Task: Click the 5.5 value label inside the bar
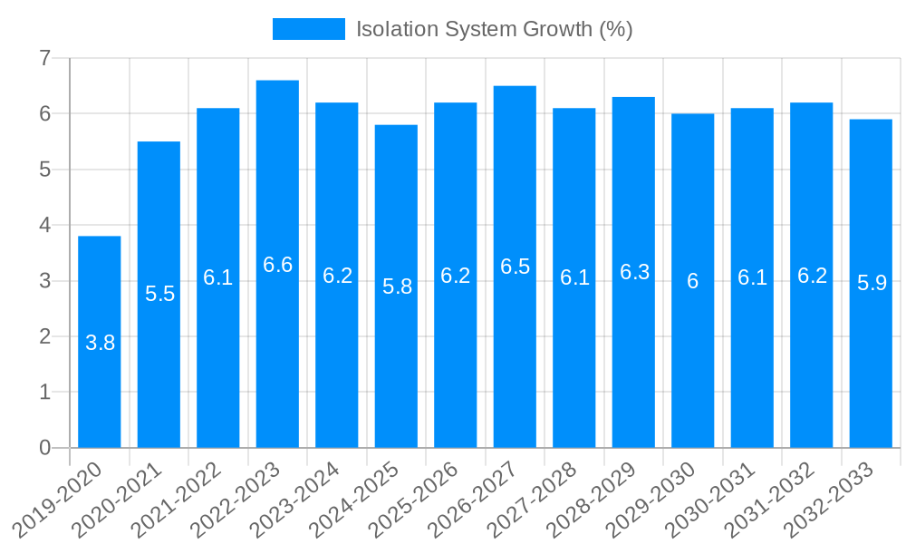tap(159, 294)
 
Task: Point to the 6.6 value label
tap(277, 265)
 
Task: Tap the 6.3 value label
tap(634, 272)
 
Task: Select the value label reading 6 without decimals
tap(693, 281)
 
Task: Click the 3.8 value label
tap(100, 343)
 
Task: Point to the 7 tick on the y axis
tap(44, 58)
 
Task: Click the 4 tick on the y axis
tap(44, 225)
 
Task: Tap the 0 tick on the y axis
tap(44, 448)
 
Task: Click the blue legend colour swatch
tap(309, 29)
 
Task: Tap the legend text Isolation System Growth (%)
tap(494, 29)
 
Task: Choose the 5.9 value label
tap(872, 283)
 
